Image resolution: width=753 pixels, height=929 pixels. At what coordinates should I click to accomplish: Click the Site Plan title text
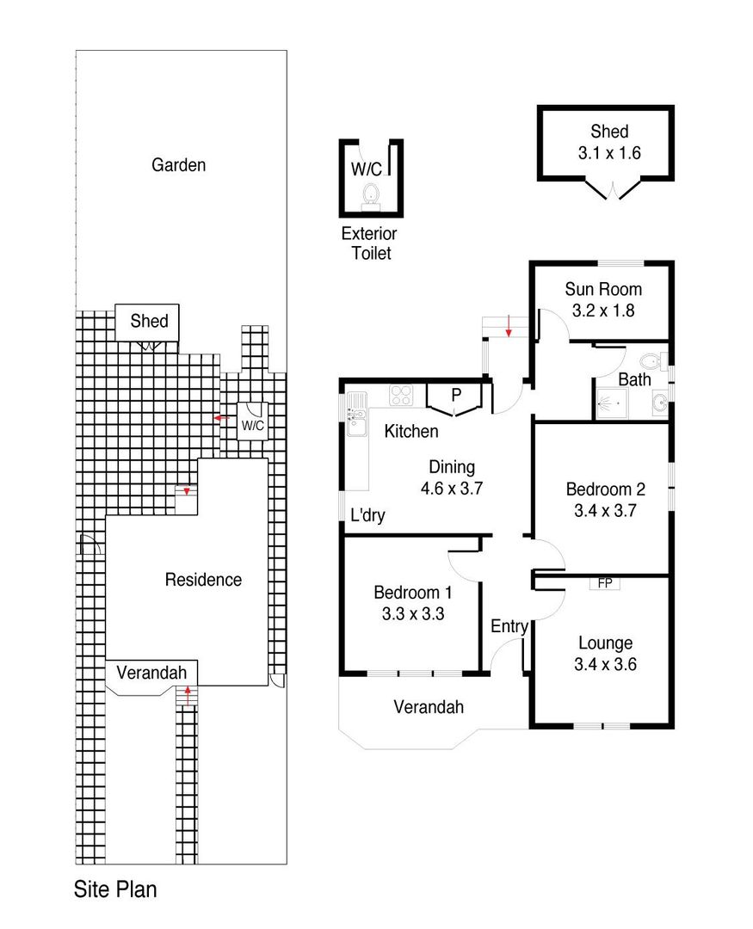point(115,889)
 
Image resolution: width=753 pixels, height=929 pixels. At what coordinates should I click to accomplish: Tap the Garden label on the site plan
point(179,164)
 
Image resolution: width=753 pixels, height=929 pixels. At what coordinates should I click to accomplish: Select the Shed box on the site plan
point(148,323)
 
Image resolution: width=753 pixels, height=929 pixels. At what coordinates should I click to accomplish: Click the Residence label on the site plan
point(203,580)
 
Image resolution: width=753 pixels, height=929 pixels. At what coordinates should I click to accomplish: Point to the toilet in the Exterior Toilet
point(372,193)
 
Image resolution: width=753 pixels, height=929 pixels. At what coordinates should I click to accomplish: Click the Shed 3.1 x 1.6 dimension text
point(608,154)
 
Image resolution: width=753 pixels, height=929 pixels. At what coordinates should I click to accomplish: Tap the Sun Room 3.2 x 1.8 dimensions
point(602,311)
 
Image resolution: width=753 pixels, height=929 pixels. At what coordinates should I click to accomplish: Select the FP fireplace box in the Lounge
point(605,583)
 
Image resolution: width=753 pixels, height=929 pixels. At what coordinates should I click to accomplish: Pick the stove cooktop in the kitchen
point(402,395)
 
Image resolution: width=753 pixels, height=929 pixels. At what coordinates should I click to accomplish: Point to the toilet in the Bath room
point(651,360)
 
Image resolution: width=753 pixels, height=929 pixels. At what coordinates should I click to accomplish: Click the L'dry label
point(367,516)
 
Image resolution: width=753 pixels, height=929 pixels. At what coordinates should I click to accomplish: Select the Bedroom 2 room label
point(605,489)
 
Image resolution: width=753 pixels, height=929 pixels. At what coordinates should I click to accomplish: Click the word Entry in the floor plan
point(509,626)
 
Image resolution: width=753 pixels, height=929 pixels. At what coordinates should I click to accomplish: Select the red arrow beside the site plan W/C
point(220,419)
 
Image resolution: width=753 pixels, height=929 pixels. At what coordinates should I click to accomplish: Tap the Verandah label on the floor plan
point(429,707)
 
